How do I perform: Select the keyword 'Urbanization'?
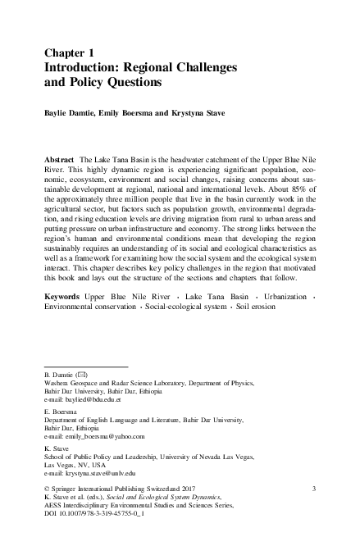[277, 293]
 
